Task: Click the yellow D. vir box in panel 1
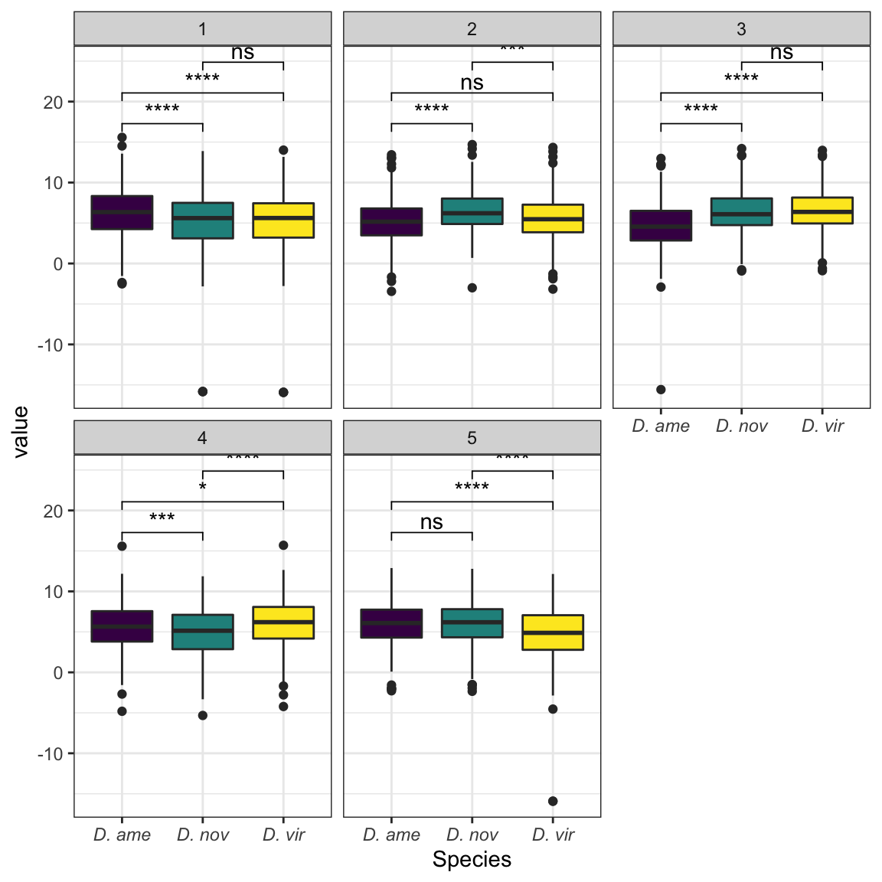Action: tap(283, 220)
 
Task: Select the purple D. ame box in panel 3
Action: tap(661, 226)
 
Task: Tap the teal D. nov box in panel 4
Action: tap(203, 632)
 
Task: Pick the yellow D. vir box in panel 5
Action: tap(553, 632)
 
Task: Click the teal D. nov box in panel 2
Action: tap(472, 211)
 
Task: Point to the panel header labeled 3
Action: tap(741, 29)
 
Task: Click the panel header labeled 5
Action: tap(472, 438)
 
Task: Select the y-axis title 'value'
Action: tap(21, 432)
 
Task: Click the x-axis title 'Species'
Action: tap(472, 859)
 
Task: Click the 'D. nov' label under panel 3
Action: tap(741, 426)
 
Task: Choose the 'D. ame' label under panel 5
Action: tap(391, 835)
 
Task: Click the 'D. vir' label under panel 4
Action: tap(283, 835)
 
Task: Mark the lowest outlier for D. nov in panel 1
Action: tap(203, 391)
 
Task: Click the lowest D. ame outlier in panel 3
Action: tap(661, 390)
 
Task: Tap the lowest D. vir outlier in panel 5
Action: tap(553, 801)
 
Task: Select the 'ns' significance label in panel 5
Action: tap(432, 522)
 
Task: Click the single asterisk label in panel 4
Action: tap(203, 488)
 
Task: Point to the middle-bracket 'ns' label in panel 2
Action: tap(472, 83)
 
